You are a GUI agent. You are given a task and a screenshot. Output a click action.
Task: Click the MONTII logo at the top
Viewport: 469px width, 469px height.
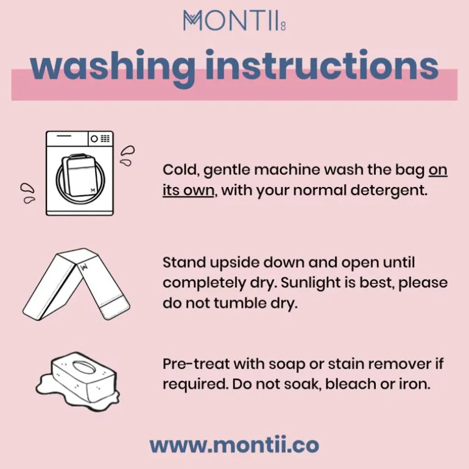[234, 20]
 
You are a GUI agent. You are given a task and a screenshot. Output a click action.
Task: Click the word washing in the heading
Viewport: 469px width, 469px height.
[113, 68]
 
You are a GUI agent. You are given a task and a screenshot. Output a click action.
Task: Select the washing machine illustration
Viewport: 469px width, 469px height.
[80, 173]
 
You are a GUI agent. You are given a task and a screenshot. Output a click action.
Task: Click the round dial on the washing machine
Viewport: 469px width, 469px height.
[94, 139]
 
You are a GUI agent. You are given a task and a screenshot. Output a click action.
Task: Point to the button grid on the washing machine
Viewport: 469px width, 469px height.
[105, 138]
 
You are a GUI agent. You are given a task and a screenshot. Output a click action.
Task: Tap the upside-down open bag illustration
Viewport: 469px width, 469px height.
[76, 284]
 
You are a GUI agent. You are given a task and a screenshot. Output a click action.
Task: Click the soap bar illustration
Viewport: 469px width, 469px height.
[78, 380]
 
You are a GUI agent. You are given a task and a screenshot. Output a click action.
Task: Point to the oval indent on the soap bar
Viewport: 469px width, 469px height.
[83, 367]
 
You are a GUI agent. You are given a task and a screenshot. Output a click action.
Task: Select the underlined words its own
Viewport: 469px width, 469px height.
[188, 190]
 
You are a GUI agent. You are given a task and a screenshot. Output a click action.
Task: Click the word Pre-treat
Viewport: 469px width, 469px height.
[196, 364]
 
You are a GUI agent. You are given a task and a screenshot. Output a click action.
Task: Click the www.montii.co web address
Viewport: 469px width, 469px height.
[234, 445]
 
